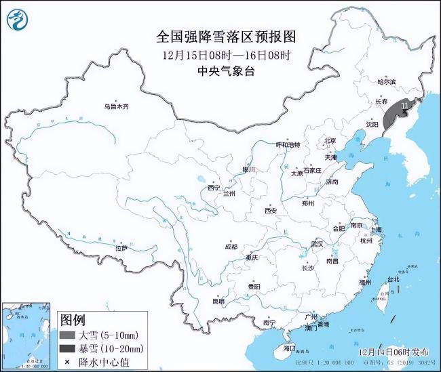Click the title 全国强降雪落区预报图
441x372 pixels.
220,36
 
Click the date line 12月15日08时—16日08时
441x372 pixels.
220,55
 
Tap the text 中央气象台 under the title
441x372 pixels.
220,70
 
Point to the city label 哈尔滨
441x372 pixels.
385,82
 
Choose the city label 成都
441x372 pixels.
230,247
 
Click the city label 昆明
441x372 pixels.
218,301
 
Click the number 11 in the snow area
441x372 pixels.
405,106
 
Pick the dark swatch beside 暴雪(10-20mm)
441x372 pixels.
68,348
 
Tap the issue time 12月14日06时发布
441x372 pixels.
394,352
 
